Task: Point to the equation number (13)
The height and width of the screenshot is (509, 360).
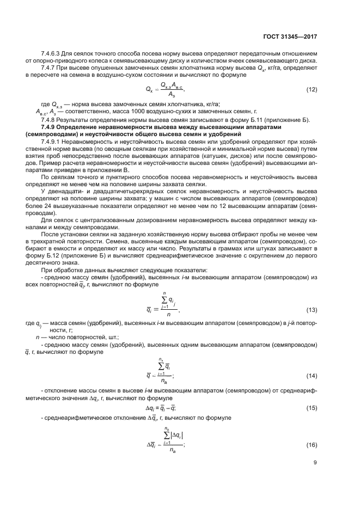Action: [x=312, y=310]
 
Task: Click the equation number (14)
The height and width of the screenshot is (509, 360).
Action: [x=312, y=375]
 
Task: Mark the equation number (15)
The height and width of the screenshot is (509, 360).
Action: [x=312, y=408]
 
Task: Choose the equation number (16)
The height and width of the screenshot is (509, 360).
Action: [x=312, y=445]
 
